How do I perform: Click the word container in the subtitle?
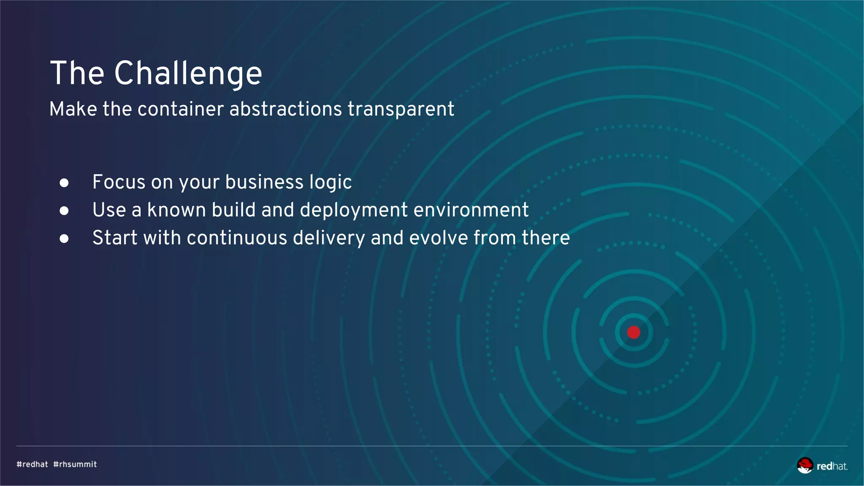click(x=181, y=109)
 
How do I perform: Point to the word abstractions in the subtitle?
click(x=285, y=109)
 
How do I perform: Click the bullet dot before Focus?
click(x=64, y=183)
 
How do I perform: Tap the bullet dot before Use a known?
click(x=64, y=211)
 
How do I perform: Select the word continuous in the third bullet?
click(x=237, y=238)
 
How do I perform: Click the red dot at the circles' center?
click(x=634, y=332)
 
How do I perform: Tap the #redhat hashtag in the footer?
click(x=32, y=464)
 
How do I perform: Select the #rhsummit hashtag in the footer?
click(x=75, y=464)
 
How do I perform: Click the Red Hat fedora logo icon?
click(x=805, y=465)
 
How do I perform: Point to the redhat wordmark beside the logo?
click(x=832, y=466)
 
